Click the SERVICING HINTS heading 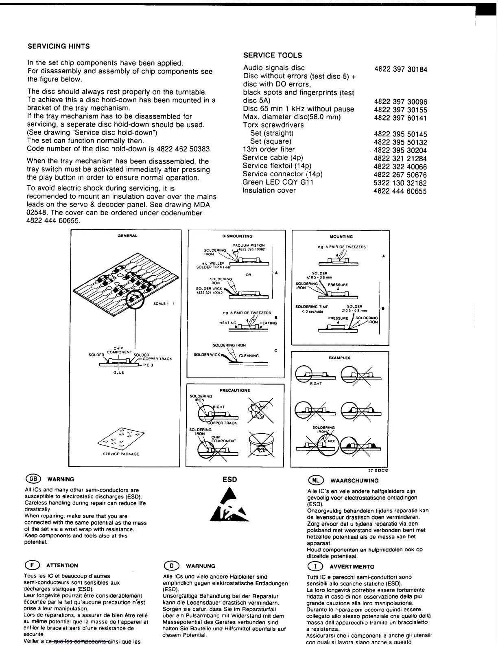click(59, 46)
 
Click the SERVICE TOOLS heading click(272, 55)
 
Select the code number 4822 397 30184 click(400, 69)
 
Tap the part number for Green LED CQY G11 click(400, 183)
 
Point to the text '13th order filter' click(269, 149)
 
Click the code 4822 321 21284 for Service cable click(400, 158)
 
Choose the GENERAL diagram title click(127, 236)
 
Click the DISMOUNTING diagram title click(237, 236)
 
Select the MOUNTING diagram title click(341, 237)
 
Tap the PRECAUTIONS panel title click(235, 390)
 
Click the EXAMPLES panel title click(339, 358)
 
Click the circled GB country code click(31, 479)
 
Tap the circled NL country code click(316, 480)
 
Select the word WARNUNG click(201, 566)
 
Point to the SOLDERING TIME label click(312, 307)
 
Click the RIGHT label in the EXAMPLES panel click(316, 384)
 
